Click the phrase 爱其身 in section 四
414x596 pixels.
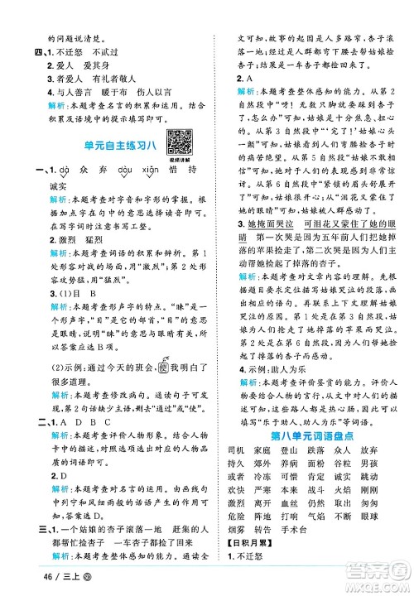(x=89, y=48)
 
